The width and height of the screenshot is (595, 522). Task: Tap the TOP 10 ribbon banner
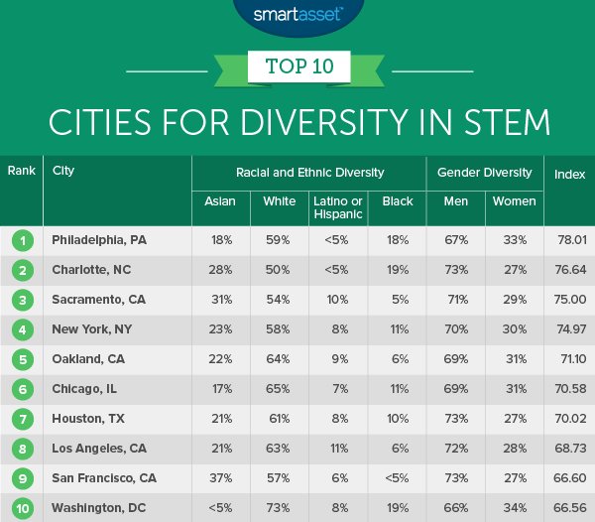[297, 68]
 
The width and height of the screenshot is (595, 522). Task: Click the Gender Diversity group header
[484, 173]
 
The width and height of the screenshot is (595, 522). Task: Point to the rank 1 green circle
[21, 239]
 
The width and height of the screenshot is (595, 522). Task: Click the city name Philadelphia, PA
[99, 239]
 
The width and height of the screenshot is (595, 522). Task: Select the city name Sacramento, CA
[97, 298]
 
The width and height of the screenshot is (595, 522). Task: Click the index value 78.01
[569, 239]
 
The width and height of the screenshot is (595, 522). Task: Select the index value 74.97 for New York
[569, 327]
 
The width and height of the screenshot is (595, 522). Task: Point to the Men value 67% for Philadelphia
[455, 239]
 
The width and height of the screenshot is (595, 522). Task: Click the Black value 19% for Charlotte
[398, 269]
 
